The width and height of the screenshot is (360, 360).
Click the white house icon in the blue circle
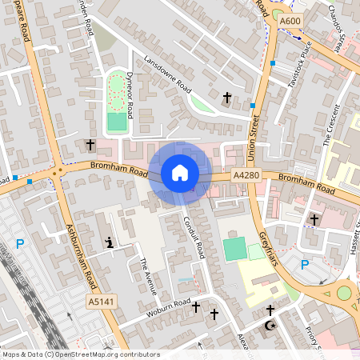click(x=179, y=172)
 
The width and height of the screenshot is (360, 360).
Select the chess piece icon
click(x=109, y=242)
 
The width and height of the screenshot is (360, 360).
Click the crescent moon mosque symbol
click(x=268, y=326)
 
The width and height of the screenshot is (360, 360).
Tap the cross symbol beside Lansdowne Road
click(x=226, y=98)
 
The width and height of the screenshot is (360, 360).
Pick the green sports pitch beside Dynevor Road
click(x=117, y=122)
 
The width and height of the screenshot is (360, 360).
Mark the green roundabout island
click(x=344, y=293)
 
